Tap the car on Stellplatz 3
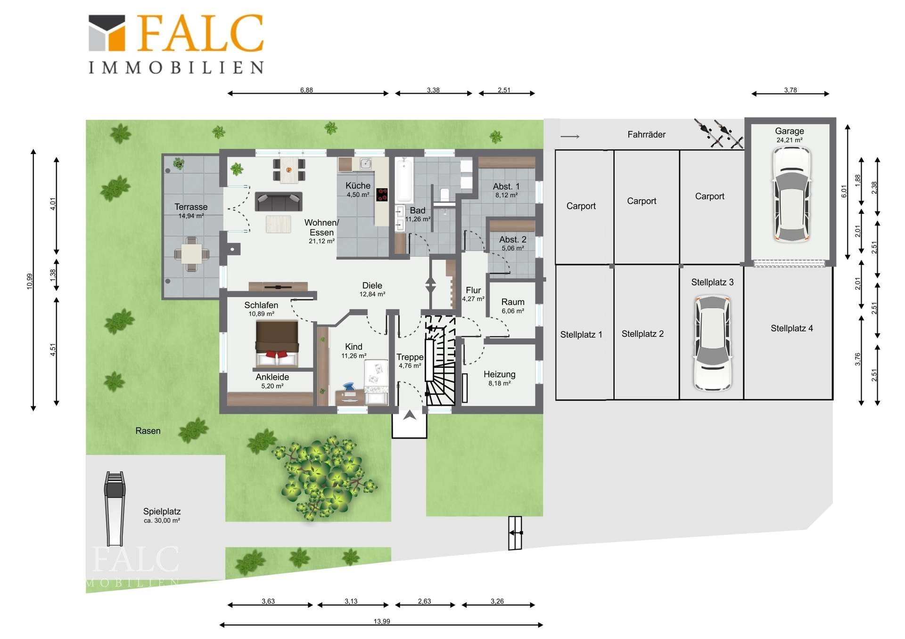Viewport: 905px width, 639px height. coord(713,343)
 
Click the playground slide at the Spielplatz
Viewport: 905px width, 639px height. coord(115,509)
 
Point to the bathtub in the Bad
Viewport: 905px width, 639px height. coord(404,180)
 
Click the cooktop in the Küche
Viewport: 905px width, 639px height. coord(382,194)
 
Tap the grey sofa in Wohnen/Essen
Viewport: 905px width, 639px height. coord(279,202)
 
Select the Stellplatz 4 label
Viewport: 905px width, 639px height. coord(792,328)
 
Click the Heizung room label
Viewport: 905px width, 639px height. coord(500,374)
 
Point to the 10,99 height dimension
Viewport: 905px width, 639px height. coord(33,280)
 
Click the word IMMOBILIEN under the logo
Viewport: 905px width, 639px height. coord(176,67)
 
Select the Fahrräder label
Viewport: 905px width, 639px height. coord(646,135)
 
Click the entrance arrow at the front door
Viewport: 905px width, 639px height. coord(410,415)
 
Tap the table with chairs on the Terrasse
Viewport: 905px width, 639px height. coord(191,254)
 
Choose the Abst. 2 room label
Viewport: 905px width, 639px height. coord(513,240)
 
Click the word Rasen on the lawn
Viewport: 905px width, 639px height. coord(148,431)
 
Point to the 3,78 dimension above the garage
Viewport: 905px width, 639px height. coord(790,93)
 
